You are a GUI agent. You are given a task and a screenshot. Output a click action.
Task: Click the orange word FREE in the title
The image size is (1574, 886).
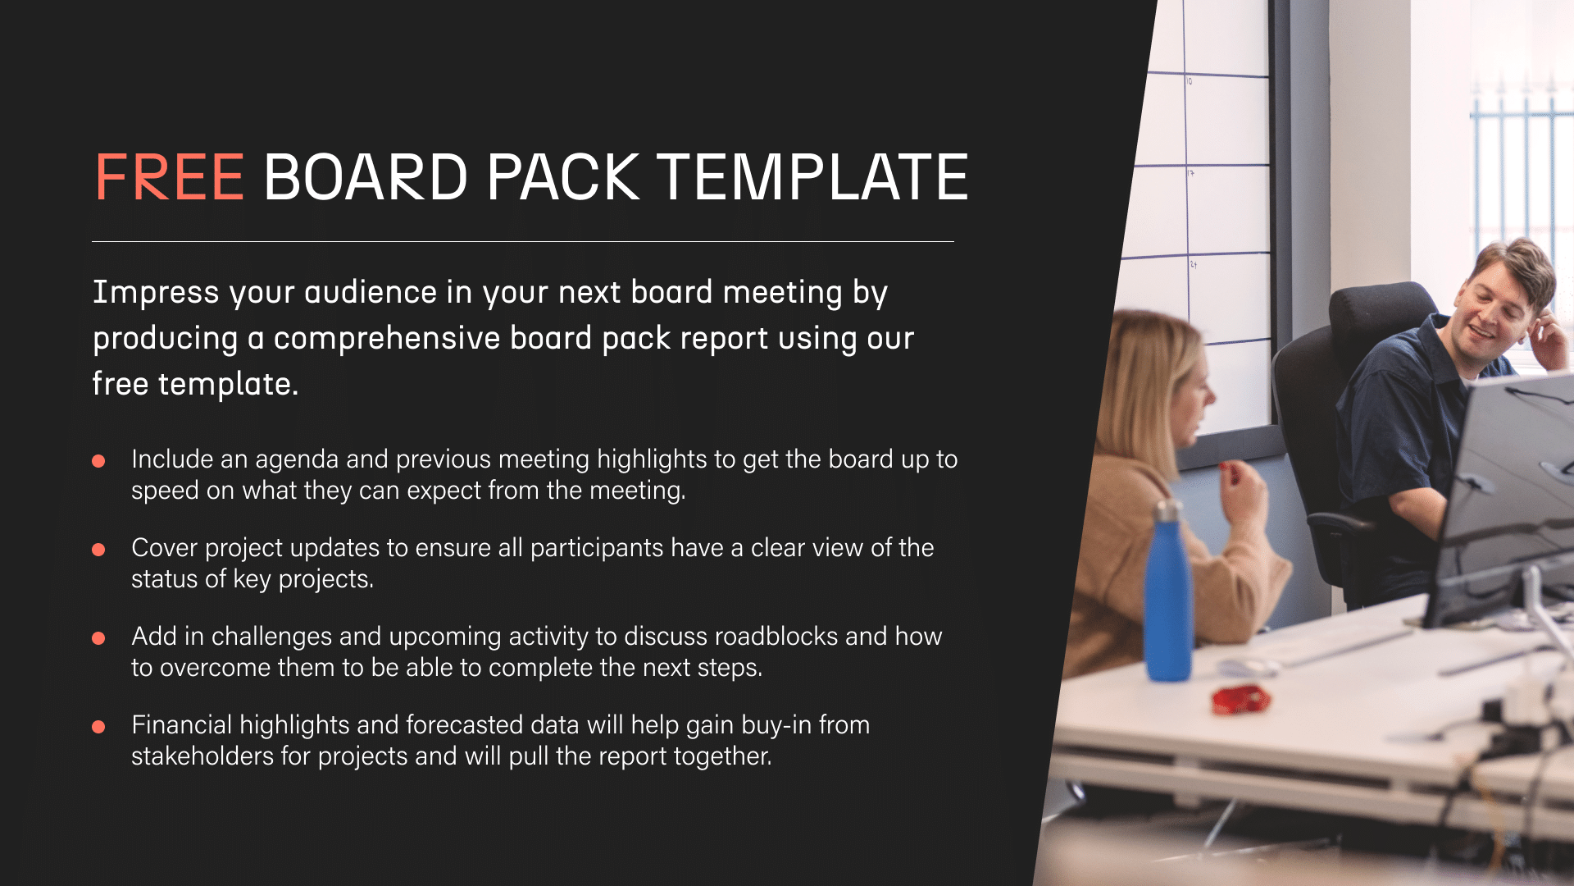tap(170, 176)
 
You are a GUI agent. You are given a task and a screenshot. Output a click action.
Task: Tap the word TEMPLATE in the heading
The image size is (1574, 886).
tap(813, 176)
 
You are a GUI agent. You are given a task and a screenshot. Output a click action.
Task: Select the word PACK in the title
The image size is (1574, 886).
tap(563, 176)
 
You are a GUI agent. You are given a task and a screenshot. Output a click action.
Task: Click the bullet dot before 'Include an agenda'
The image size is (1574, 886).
tap(98, 461)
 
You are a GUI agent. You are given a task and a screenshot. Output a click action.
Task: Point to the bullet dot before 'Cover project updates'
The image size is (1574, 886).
tap(98, 550)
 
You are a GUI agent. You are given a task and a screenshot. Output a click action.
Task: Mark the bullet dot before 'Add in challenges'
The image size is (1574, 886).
tap(98, 638)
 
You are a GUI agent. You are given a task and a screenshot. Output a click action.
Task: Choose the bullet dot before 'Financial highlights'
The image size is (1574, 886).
tap(98, 727)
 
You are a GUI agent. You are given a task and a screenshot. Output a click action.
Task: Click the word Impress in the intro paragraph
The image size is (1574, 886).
tap(156, 293)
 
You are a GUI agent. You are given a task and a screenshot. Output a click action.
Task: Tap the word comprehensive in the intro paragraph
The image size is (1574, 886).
tap(387, 339)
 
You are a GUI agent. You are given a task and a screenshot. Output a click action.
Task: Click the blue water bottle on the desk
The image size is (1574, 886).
tap(1167, 591)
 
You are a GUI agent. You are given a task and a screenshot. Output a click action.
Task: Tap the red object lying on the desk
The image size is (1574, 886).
tap(1241, 698)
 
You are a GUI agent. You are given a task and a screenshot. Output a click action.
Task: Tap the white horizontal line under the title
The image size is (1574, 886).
tap(523, 241)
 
